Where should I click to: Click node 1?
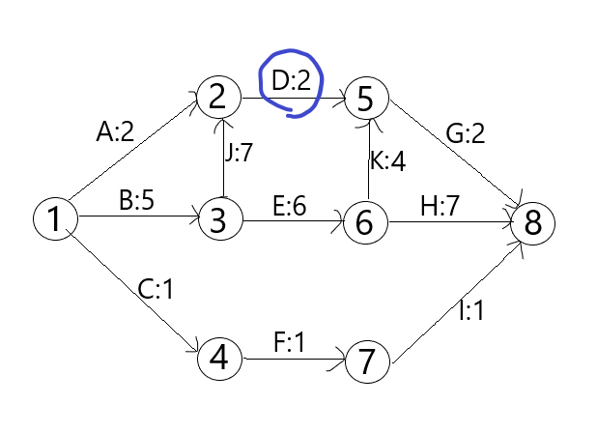click(54, 219)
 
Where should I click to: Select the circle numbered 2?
click(218, 97)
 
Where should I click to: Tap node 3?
click(218, 220)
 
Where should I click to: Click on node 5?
click(366, 97)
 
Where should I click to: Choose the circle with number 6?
click(364, 221)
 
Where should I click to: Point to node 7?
click(366, 361)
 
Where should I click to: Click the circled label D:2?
click(292, 82)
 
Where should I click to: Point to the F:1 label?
click(289, 342)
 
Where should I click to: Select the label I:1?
click(470, 311)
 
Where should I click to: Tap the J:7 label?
click(240, 153)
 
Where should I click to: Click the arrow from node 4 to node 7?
click(292, 360)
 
